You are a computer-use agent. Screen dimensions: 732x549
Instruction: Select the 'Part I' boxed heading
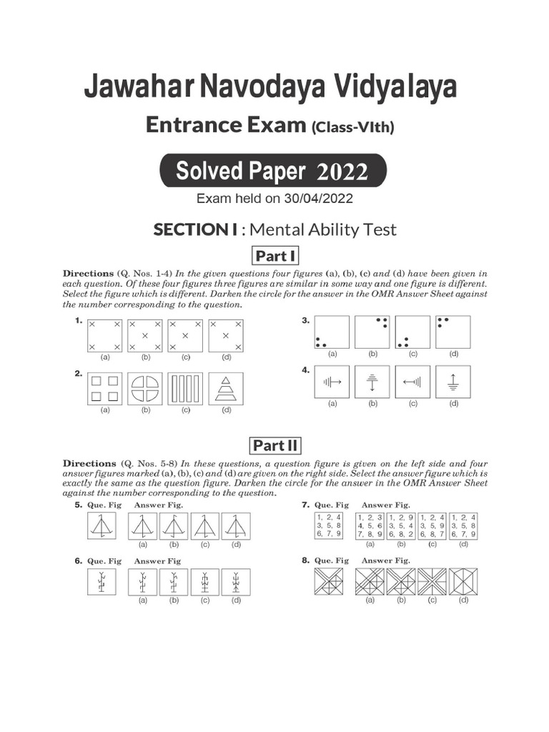pyautogui.click(x=274, y=256)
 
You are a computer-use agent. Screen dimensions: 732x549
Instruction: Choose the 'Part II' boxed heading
pyautogui.click(x=274, y=446)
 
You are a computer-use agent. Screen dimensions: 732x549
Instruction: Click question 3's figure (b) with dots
pyautogui.click(x=372, y=332)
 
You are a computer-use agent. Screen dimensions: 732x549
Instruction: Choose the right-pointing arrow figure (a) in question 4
pyautogui.click(x=332, y=382)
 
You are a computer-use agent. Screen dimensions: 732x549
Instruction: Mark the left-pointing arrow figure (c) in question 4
pyautogui.click(x=412, y=382)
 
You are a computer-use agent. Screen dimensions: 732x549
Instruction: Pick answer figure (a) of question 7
pyautogui.click(x=370, y=525)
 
